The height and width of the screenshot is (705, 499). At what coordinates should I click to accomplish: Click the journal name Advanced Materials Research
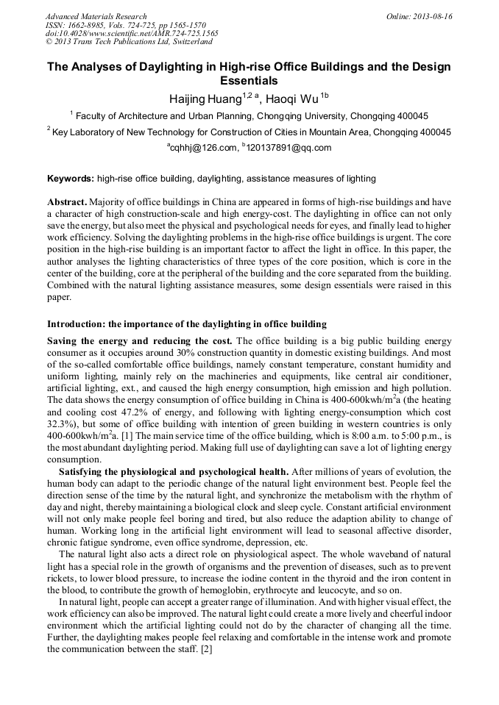click(x=96, y=16)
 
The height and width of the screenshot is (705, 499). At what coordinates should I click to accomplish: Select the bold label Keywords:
click(x=71, y=179)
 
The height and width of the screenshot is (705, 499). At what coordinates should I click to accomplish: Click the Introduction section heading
click(x=187, y=324)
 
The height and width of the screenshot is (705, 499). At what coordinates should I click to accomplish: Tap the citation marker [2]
click(x=207, y=649)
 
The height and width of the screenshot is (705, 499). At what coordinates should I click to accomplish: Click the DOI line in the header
click(x=132, y=34)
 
